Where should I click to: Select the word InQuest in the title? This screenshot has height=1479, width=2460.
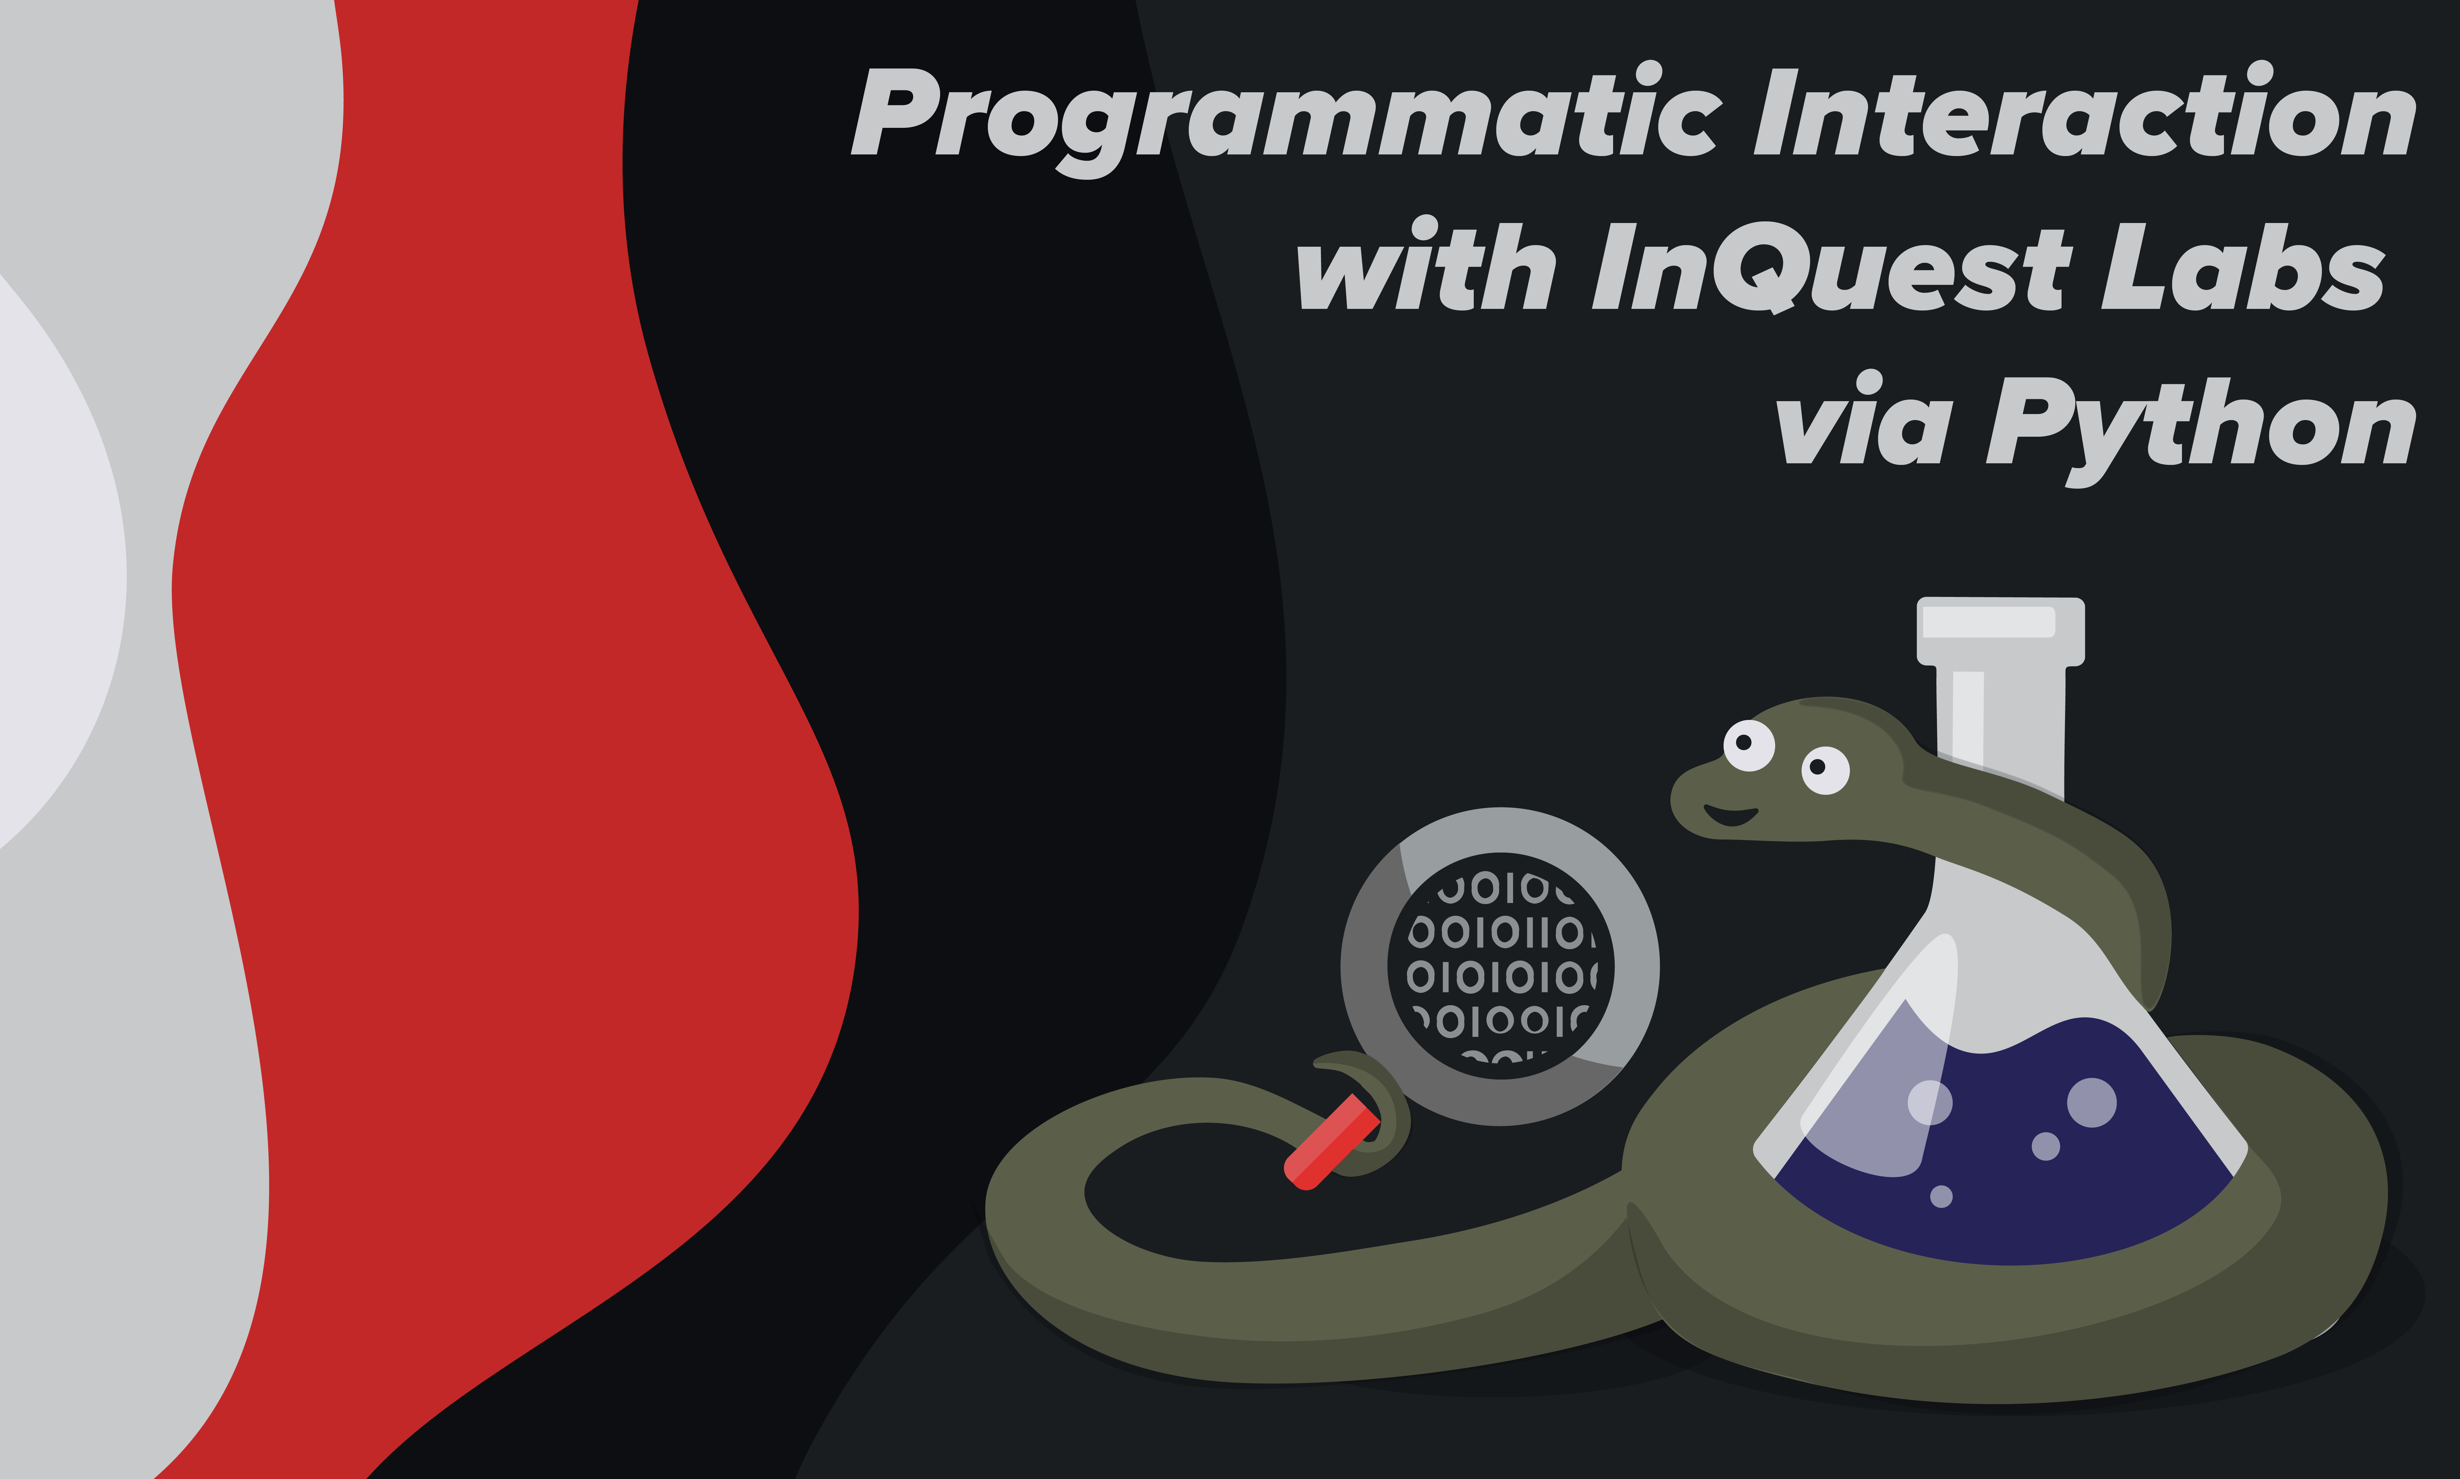click(1831, 266)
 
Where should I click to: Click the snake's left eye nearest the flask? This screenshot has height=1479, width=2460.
click(1825, 769)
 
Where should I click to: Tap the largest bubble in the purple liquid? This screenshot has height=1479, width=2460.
click(2091, 1102)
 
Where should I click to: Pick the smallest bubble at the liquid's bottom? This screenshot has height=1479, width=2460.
click(1941, 1196)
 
